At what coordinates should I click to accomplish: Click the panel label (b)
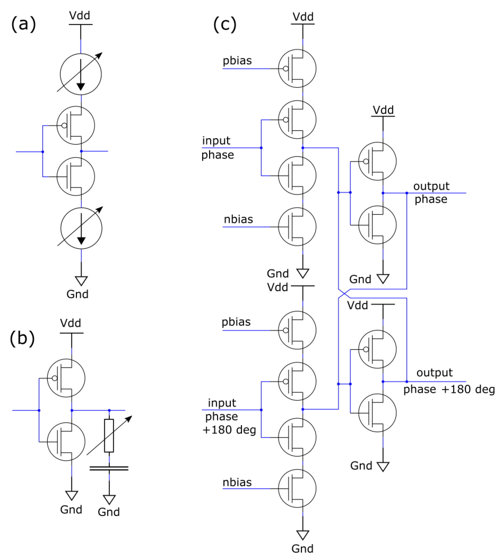click(22, 338)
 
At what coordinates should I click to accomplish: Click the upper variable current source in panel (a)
click(81, 74)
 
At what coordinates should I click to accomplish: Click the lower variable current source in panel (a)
click(81, 228)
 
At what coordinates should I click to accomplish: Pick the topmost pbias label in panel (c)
click(237, 61)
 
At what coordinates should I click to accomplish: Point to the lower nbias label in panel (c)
click(237, 482)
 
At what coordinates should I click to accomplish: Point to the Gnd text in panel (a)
click(77, 294)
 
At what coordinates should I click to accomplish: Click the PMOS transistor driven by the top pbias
click(297, 68)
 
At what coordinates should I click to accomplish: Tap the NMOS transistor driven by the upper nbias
click(297, 227)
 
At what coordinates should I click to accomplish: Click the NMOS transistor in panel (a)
click(76, 176)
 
